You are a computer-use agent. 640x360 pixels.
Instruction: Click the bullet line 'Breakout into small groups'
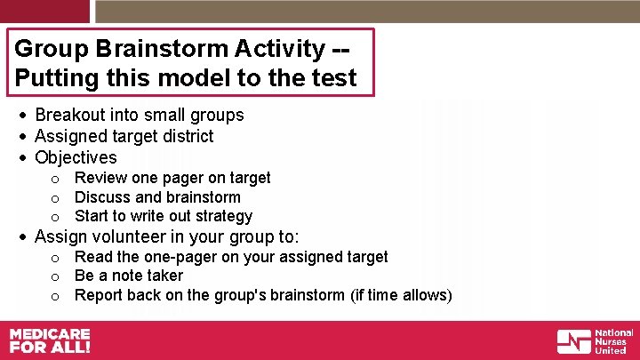(x=139, y=115)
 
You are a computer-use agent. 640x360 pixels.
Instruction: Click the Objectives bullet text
(x=76, y=157)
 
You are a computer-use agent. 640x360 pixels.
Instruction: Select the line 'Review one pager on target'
(x=172, y=178)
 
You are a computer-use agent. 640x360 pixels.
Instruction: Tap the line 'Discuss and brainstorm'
(x=157, y=197)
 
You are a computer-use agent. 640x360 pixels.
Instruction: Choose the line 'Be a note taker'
(x=129, y=276)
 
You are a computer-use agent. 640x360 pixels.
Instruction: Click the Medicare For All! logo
(x=50, y=340)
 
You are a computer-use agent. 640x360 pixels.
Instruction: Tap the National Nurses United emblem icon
(x=573, y=341)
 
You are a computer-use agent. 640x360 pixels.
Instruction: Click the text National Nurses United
(x=613, y=341)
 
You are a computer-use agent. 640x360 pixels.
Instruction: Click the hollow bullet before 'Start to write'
(x=55, y=217)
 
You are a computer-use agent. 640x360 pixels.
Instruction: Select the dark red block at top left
(x=44, y=11)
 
